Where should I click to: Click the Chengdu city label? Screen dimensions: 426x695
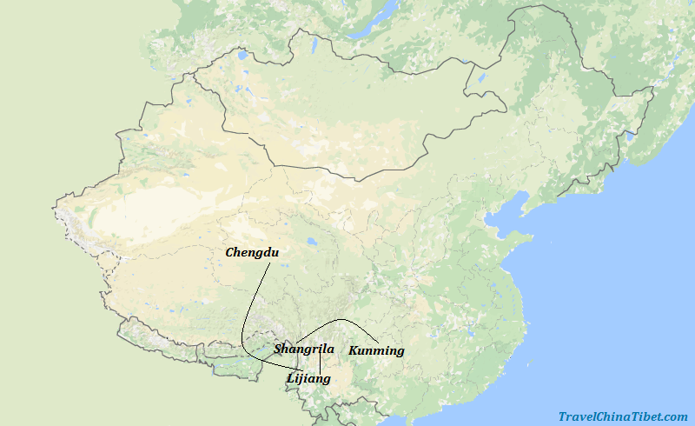coord(251,253)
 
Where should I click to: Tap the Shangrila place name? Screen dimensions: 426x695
coord(304,349)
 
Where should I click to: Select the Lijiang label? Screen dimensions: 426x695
coord(308,379)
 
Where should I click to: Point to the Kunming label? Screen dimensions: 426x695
coord(376,351)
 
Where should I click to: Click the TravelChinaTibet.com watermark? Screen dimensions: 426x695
coord(623,417)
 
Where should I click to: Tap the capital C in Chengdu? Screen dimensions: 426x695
coord(230,253)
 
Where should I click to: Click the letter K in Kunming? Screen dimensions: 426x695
coord(354,351)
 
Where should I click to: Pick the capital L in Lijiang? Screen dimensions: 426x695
coord(290,379)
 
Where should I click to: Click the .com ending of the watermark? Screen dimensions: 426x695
coord(674,417)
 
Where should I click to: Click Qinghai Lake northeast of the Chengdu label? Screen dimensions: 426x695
coord(310,243)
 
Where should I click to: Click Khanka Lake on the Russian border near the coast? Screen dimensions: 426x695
coord(629,135)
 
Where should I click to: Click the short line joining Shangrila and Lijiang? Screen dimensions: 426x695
coord(321,363)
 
